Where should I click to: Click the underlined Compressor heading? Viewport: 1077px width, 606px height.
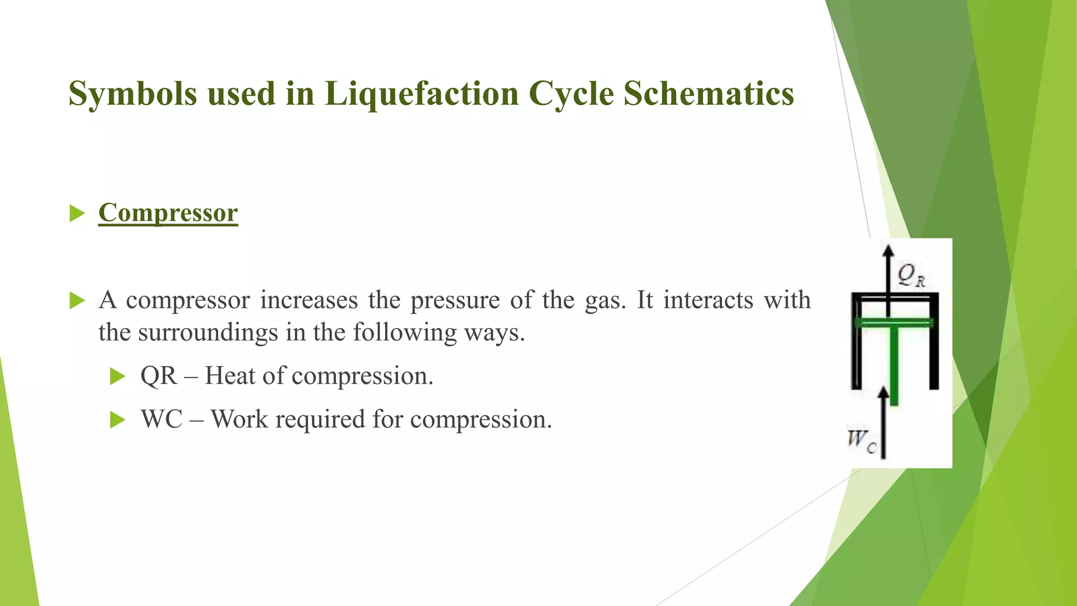(168, 214)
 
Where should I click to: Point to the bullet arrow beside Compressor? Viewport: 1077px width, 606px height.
(77, 214)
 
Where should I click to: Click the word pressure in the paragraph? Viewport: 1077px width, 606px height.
(455, 300)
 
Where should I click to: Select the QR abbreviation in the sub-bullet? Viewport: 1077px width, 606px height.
(159, 376)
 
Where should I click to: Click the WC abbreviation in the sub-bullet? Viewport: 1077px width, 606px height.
(161, 420)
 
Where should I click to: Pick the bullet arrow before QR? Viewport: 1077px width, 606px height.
(118, 376)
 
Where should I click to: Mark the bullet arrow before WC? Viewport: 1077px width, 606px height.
(118, 420)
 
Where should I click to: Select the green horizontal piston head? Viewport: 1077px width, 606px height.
(894, 322)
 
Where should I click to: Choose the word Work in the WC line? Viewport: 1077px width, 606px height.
(235, 420)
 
